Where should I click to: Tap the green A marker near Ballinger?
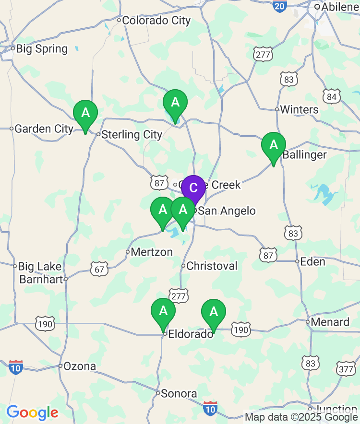pyautogui.click(x=274, y=145)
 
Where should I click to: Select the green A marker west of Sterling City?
pyautogui.click(x=85, y=113)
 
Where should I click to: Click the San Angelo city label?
pyautogui.click(x=227, y=211)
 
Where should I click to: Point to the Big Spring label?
pyautogui.click(x=42, y=49)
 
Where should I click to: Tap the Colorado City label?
pyautogui.click(x=156, y=21)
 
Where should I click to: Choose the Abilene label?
pyautogui.click(x=340, y=7)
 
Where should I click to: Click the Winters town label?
pyautogui.click(x=299, y=109)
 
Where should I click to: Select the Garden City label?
pyautogui.click(x=44, y=129)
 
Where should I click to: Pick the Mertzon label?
pyautogui.click(x=152, y=252)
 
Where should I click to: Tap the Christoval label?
pyautogui.click(x=212, y=266)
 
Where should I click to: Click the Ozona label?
pyautogui.click(x=80, y=366)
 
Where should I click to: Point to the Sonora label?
pyautogui.click(x=179, y=394)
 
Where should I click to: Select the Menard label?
pyautogui.click(x=330, y=322)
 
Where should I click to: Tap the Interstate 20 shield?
pyautogui.click(x=279, y=5)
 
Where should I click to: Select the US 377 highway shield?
pyautogui.click(x=346, y=369)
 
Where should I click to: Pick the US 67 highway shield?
pyautogui.click(x=99, y=269)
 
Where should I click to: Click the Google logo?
pyautogui.click(x=32, y=412)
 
